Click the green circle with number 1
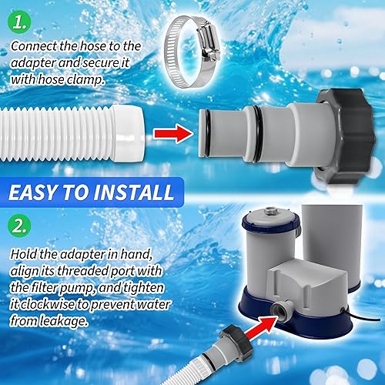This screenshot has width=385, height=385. [x=22, y=20]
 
